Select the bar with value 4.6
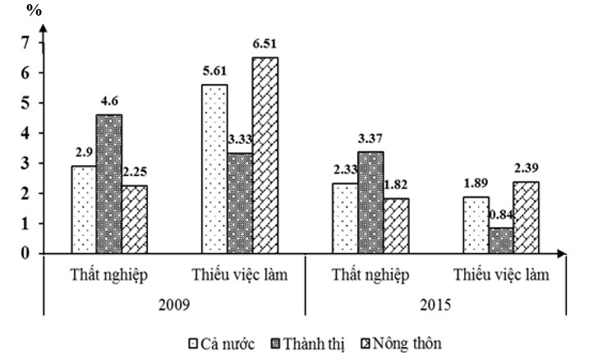pos(108,184)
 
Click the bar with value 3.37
pos(369,202)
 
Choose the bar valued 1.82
pos(394,226)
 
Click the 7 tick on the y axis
pos(25,42)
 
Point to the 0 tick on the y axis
pos(25,253)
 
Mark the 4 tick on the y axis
pos(25,132)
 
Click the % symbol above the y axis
pos(34,10)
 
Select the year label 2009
pos(175,303)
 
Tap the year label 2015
pos(435,303)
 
